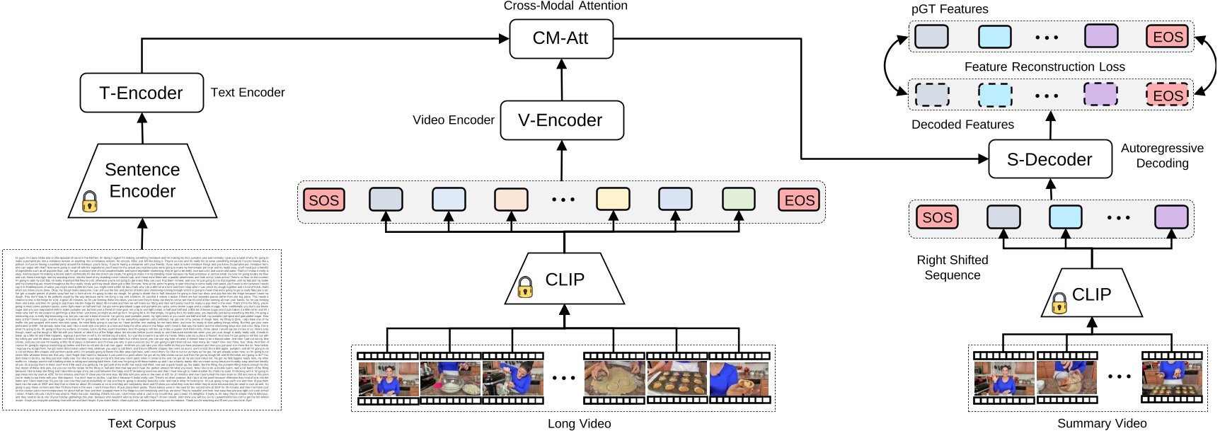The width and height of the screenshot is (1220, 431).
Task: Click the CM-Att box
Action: point(560,38)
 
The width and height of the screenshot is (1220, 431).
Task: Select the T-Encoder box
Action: point(142,93)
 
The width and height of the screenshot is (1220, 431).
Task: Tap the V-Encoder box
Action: point(561,120)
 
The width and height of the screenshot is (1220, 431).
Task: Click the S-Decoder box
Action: point(1049,160)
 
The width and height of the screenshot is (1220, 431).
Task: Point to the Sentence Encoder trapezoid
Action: point(142,180)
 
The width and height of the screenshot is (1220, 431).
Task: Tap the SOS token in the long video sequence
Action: point(324,200)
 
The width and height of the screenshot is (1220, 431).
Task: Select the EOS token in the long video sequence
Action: point(800,200)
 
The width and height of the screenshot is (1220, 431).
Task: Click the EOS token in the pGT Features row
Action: point(1168,37)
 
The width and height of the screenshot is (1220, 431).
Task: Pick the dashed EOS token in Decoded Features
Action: point(1168,95)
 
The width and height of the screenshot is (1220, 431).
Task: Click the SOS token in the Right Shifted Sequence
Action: point(937,217)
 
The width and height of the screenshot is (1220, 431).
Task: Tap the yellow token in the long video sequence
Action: point(613,200)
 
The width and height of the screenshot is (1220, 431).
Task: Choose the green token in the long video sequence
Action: point(738,200)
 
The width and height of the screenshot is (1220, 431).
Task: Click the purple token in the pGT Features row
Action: point(1101,36)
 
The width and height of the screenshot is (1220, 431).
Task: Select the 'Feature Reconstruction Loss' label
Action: point(1045,67)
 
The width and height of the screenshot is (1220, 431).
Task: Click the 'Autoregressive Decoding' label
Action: point(1162,156)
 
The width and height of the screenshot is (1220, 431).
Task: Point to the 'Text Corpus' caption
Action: point(142,423)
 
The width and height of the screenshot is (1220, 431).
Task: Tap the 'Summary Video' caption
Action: point(1102,423)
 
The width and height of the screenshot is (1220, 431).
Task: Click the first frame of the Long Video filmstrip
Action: point(389,379)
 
